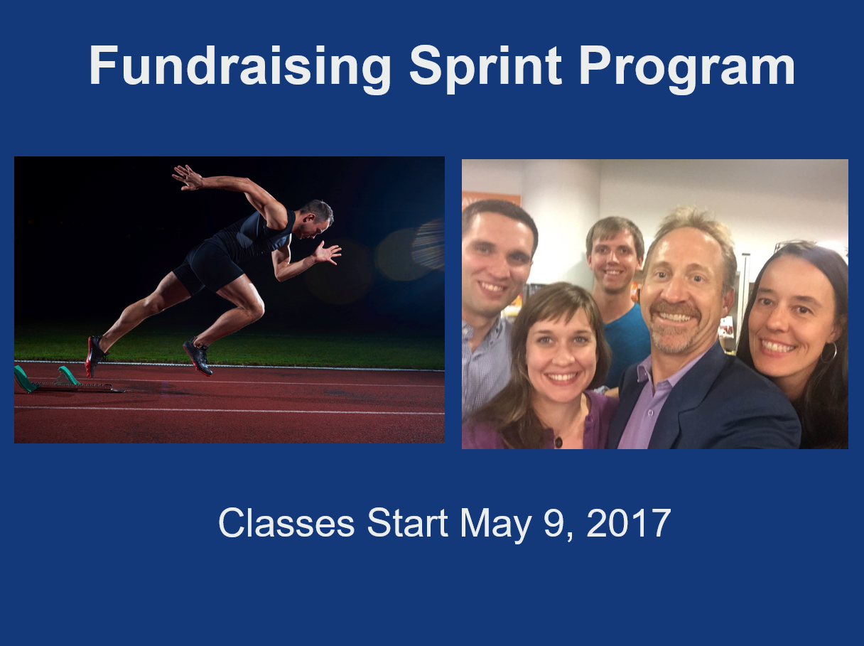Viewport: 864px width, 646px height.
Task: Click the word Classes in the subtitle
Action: click(x=286, y=523)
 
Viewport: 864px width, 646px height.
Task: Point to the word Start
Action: click(x=407, y=523)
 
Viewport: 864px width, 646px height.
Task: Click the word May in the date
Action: click(x=495, y=525)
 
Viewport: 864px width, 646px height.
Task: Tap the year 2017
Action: click(x=628, y=523)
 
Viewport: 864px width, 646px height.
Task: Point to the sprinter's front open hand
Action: click(x=328, y=252)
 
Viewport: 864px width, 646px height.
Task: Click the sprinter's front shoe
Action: click(x=198, y=356)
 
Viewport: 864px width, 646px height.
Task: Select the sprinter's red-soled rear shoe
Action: click(x=94, y=355)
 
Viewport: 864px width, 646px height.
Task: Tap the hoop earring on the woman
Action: click(x=828, y=352)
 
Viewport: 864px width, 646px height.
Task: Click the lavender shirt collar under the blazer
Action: click(x=655, y=372)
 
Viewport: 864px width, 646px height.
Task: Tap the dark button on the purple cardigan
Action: click(x=558, y=442)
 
